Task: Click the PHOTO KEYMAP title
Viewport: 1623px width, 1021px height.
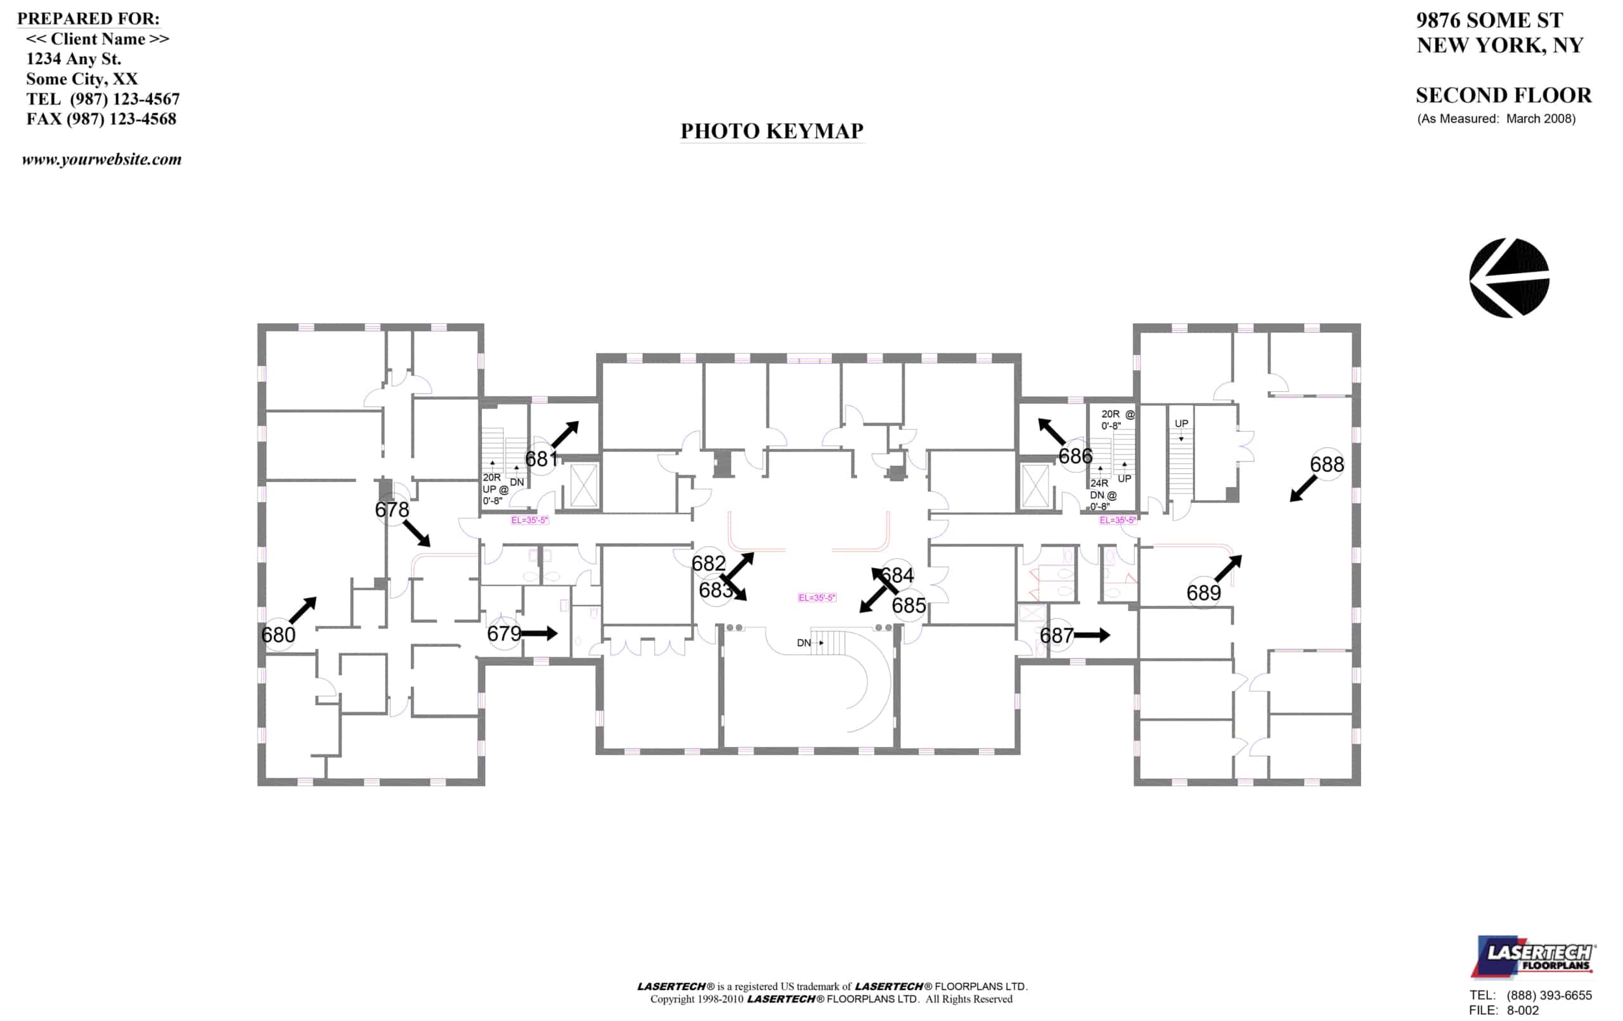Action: tap(772, 131)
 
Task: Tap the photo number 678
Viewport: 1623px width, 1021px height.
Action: tap(392, 509)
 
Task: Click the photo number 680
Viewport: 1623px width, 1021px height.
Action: tap(278, 635)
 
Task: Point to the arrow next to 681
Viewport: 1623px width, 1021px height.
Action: tap(566, 434)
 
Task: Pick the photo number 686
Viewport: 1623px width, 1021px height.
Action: tap(1075, 457)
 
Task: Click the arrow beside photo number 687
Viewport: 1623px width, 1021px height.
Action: tap(1092, 635)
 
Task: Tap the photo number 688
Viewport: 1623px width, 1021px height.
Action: tap(1326, 465)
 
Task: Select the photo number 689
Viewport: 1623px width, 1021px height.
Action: tap(1203, 594)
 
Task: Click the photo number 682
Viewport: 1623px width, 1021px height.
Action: tap(708, 564)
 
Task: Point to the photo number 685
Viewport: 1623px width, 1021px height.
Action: tap(908, 606)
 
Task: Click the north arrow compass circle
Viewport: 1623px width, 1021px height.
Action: tap(1509, 278)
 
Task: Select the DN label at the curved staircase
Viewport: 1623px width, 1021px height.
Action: tap(803, 642)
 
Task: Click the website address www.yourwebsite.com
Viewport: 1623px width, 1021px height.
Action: tap(102, 160)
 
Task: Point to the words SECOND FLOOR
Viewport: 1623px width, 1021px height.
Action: tap(1503, 95)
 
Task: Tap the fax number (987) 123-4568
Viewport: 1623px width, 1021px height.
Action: tap(121, 119)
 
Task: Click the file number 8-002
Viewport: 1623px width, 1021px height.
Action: tap(1523, 1010)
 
